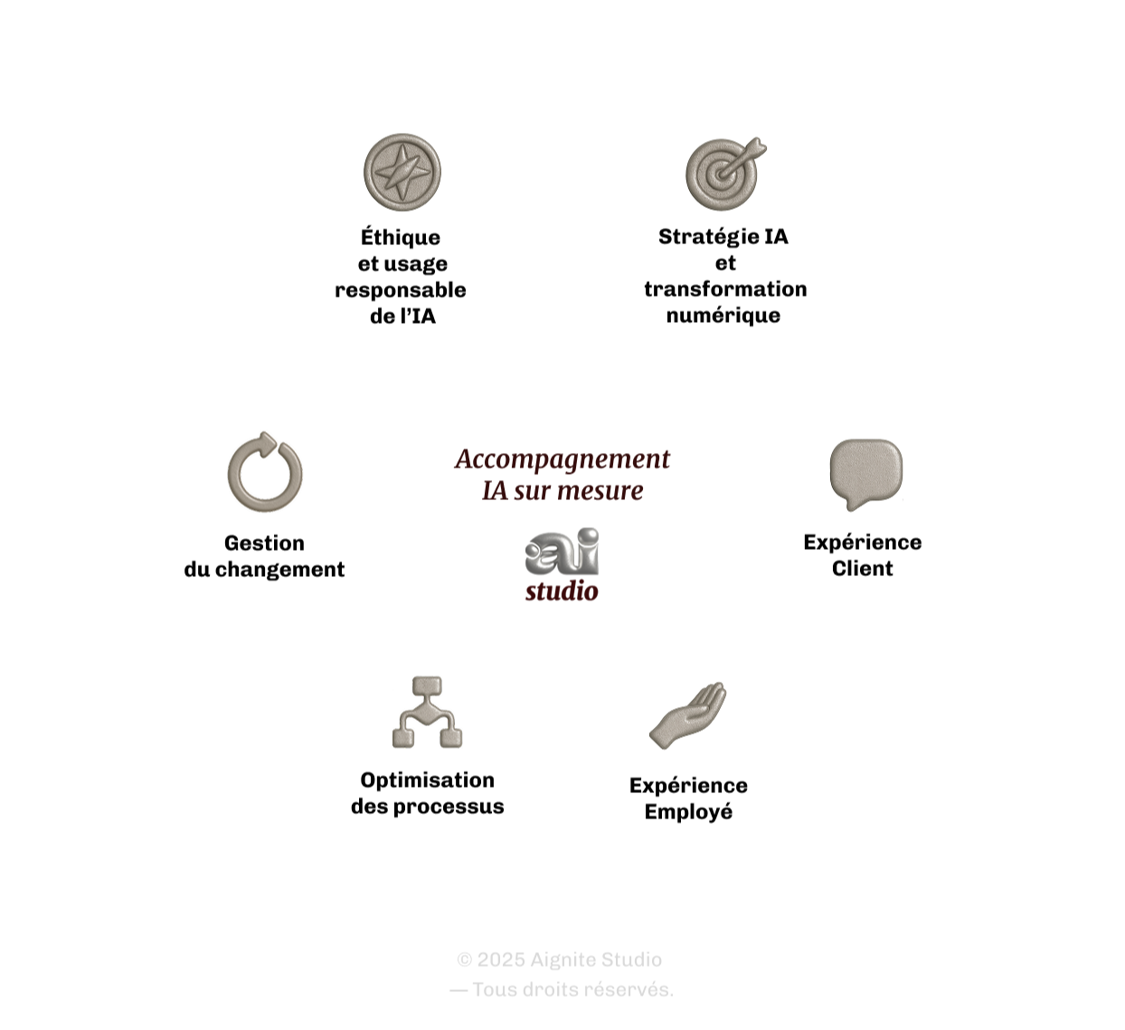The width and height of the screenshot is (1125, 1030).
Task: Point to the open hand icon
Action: [x=688, y=714]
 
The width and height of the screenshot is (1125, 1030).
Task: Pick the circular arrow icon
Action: [x=264, y=472]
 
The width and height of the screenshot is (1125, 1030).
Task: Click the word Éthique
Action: [x=401, y=237]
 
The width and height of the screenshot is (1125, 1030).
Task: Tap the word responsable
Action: [x=401, y=290]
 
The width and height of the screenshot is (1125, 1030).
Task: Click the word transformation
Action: [x=725, y=289]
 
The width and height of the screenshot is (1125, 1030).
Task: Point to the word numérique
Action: [x=723, y=316]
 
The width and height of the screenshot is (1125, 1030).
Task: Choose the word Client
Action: [x=863, y=569]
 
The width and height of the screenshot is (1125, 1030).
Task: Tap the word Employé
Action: [x=688, y=812]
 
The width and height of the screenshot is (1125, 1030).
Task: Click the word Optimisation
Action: [x=427, y=780]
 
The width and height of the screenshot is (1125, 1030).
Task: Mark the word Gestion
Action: [x=264, y=543]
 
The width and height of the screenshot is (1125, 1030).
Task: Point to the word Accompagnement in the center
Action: [x=562, y=459]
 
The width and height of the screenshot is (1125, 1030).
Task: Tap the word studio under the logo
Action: [x=562, y=592]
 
